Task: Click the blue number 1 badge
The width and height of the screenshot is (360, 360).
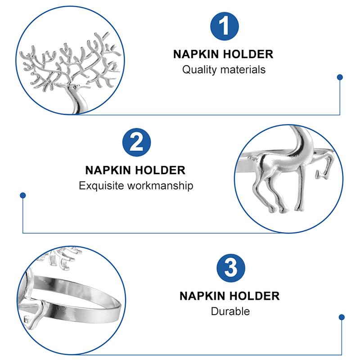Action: [x=224, y=27]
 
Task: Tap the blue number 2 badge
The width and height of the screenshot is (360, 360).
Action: [x=136, y=142]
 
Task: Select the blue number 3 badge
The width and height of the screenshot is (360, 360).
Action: [x=231, y=268]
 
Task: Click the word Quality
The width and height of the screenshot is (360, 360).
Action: [x=199, y=70]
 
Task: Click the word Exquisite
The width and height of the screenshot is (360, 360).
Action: [x=101, y=185]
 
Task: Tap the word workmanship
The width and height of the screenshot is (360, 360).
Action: [x=160, y=185]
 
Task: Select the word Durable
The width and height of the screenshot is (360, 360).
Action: [x=230, y=311]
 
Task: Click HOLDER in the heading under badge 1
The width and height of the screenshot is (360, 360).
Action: [x=248, y=54]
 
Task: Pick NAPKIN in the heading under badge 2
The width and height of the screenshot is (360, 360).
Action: [x=108, y=171]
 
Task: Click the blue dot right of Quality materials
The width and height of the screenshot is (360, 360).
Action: [x=340, y=77]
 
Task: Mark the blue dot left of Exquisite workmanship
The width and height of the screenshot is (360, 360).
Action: [x=23, y=195]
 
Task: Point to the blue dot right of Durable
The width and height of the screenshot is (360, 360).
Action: [x=342, y=317]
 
